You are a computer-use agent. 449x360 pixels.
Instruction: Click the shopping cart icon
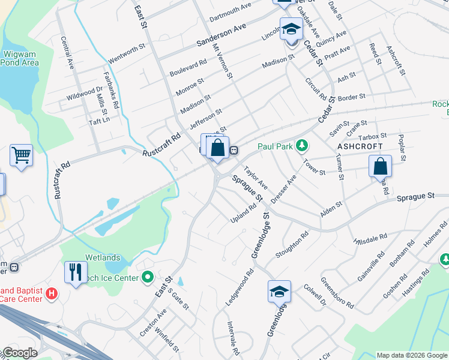pyautogui.click(x=21, y=155)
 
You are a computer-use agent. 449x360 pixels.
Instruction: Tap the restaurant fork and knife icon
pyautogui.click(x=76, y=272)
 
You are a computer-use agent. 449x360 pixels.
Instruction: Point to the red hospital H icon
pyautogui.click(x=52, y=293)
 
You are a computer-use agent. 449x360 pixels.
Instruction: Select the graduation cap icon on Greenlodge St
pyautogui.click(x=279, y=292)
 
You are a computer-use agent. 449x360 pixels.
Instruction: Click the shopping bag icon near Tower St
pyautogui.click(x=380, y=166)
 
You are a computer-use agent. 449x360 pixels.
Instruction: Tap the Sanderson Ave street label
pyautogui.click(x=222, y=35)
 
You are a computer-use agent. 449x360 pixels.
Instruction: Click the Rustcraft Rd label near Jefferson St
pyautogui.click(x=161, y=145)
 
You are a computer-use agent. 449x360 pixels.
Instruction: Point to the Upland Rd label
pyautogui.click(x=244, y=214)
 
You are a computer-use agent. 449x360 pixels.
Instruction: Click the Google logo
pyautogui.click(x=19, y=352)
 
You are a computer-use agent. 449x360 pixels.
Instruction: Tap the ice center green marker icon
pyautogui.click(x=149, y=277)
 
